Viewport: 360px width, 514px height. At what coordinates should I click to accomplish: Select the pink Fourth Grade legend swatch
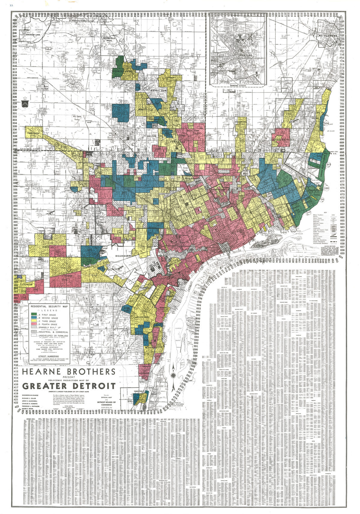click(34, 324)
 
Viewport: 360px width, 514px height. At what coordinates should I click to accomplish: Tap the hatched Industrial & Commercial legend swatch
click(34, 332)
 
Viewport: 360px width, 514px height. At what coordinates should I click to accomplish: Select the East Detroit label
click(281, 139)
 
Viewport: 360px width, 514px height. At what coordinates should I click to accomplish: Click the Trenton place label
click(138, 391)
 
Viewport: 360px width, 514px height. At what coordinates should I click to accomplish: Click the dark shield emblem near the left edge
click(24, 104)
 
